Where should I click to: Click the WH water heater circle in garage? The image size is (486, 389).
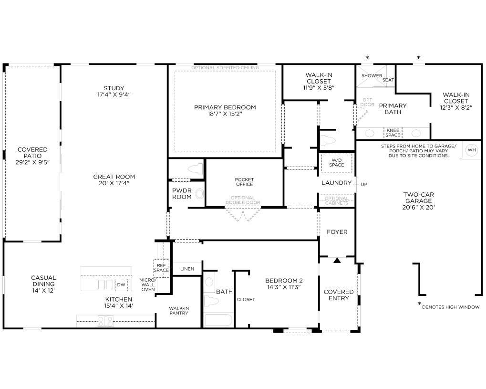coord(471,150)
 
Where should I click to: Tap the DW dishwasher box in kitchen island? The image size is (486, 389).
coord(121,285)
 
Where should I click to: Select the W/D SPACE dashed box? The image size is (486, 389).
coord(337,163)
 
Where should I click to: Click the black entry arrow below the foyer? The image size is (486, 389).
coord(337,260)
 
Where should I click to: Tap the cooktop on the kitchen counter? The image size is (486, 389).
coord(105,321)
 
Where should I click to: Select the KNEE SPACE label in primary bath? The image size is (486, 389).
coord(393,133)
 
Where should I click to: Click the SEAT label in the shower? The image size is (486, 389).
coord(388,80)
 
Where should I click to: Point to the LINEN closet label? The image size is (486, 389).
coord(187,269)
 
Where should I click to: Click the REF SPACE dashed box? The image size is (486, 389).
coord(161,268)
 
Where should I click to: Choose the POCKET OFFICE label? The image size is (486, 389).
coord(244,182)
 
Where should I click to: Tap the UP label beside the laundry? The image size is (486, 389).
coord(364,184)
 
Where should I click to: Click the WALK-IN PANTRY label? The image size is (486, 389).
coord(179,311)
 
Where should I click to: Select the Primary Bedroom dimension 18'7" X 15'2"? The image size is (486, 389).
coord(225,114)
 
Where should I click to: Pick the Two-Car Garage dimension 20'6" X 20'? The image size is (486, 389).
coord(418,208)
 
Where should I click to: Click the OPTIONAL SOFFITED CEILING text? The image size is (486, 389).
coord(225,68)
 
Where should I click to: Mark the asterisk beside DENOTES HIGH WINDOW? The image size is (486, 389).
coord(420,304)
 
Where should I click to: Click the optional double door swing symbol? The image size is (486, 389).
coord(243,214)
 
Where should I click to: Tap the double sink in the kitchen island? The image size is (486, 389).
coord(105,284)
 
